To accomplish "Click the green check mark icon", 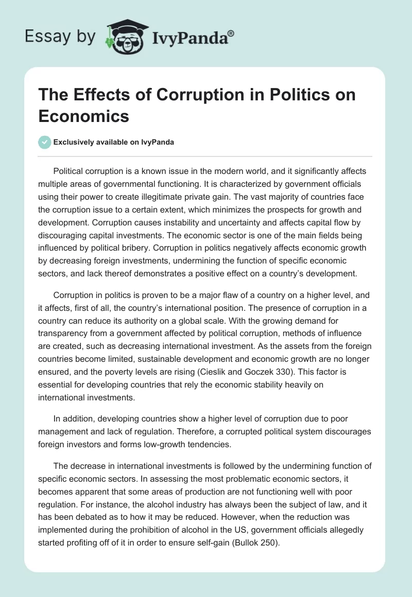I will [x=44, y=142].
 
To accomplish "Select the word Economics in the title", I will [x=84, y=116].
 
